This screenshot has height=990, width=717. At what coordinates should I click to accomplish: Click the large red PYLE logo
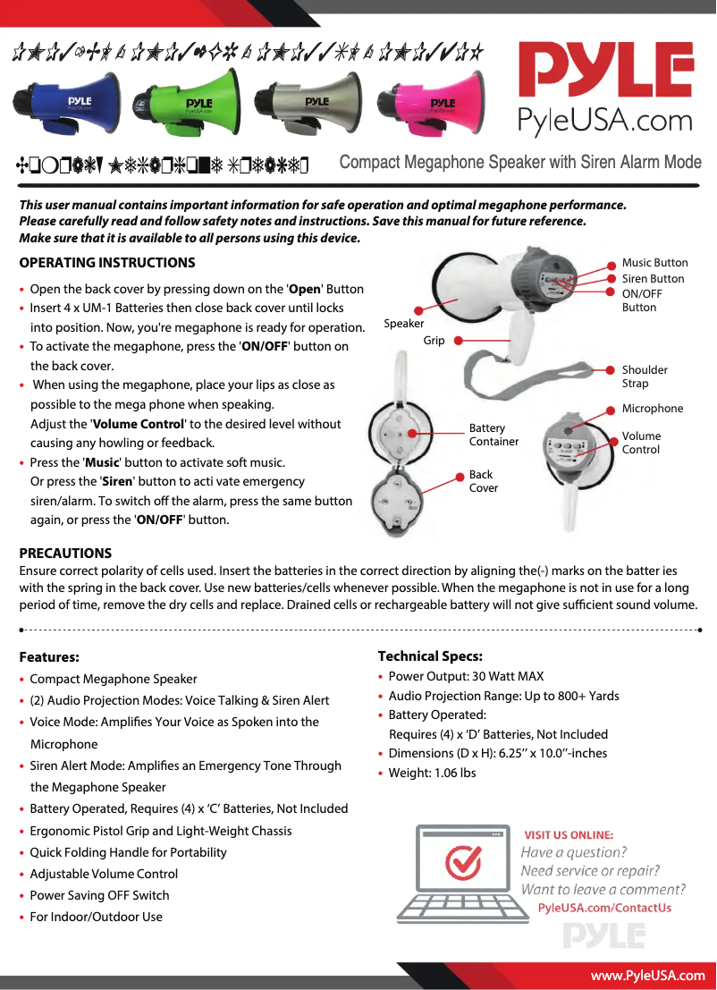click(x=607, y=72)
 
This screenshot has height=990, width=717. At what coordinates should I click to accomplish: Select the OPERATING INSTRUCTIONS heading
click(x=107, y=263)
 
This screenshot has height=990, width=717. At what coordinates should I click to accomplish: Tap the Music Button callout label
click(x=654, y=263)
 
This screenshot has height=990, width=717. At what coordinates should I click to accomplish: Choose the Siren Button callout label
click(x=653, y=279)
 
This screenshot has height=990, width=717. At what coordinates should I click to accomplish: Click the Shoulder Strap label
click(x=645, y=377)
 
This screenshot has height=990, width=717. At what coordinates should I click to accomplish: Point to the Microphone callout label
click(x=652, y=409)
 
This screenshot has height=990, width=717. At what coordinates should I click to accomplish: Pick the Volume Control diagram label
click(x=641, y=443)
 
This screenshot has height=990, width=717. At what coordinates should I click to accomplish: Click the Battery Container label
click(x=493, y=435)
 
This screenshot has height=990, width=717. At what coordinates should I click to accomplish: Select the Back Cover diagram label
click(x=483, y=481)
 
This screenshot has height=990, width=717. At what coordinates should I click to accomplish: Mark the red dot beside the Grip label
click(x=457, y=341)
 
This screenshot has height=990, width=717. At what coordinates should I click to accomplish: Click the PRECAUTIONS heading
click(x=65, y=554)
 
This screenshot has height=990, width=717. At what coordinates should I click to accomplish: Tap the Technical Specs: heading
click(x=430, y=656)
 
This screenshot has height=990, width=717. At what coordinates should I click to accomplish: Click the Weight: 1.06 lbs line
click(x=432, y=773)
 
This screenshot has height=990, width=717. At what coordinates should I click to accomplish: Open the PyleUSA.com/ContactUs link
click(x=604, y=908)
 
